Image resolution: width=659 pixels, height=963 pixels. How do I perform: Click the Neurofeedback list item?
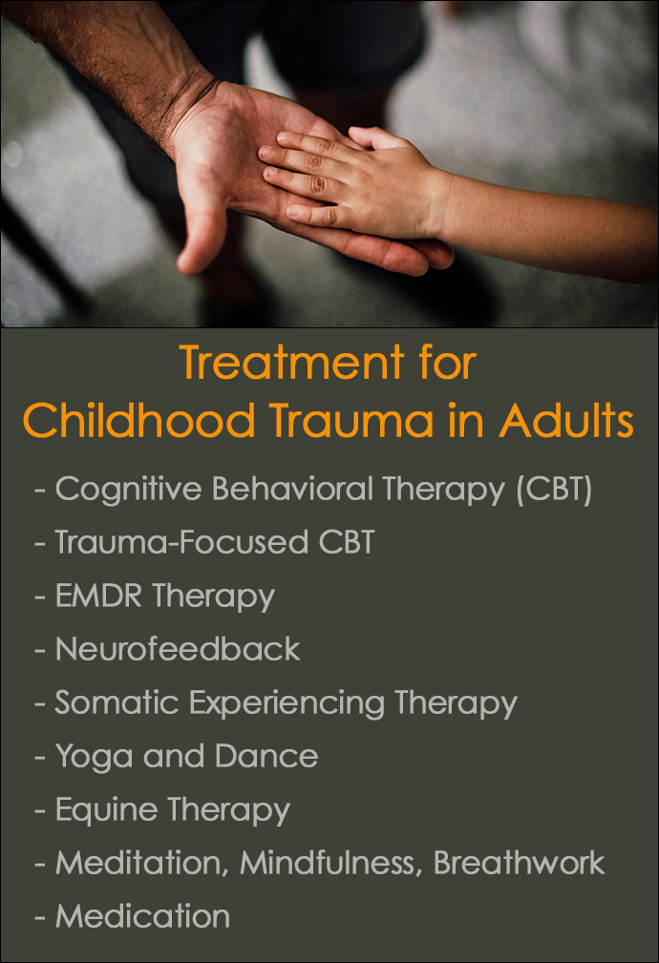click(x=178, y=649)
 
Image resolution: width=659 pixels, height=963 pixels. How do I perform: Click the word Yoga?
click(x=92, y=756)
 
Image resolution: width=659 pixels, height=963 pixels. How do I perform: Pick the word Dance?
click(x=266, y=756)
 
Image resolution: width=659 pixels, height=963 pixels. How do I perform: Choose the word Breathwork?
click(x=519, y=863)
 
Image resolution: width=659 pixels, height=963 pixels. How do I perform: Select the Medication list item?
click(x=142, y=916)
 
